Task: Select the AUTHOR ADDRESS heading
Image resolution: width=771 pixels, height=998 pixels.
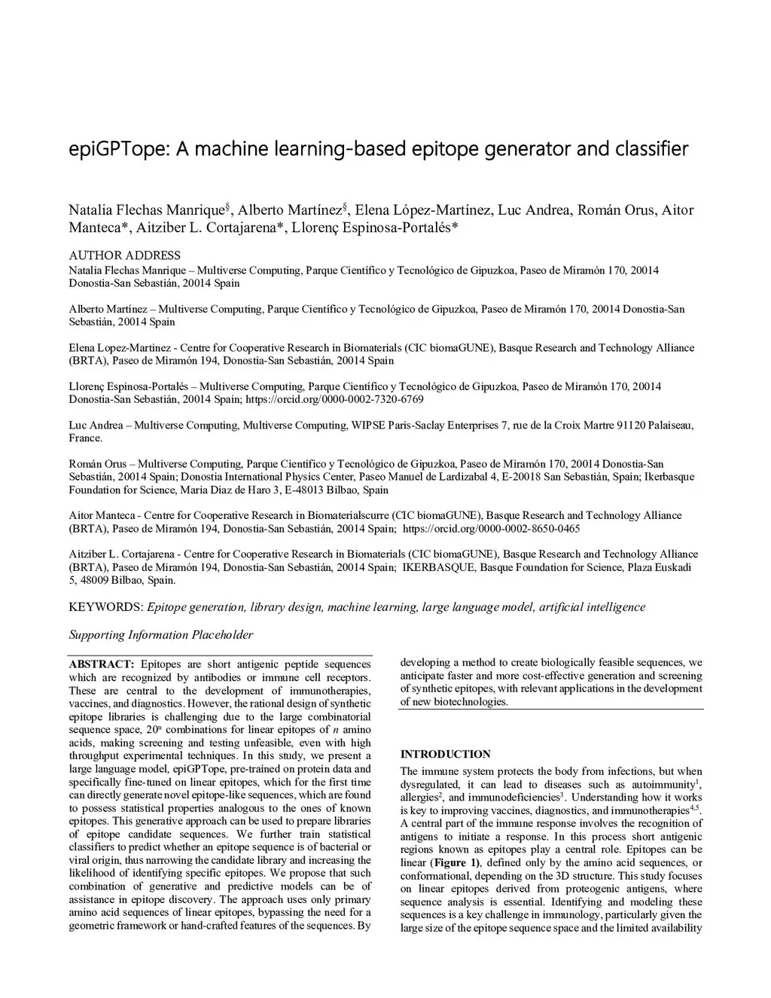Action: (125, 255)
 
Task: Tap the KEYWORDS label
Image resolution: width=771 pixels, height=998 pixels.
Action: (105, 607)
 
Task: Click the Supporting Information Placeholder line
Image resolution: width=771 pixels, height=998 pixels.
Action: (161, 635)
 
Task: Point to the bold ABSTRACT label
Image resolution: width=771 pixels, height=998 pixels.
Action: (102, 664)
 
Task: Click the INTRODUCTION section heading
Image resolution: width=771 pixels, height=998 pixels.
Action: (445, 754)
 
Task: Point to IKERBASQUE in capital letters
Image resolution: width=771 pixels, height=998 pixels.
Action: (440, 567)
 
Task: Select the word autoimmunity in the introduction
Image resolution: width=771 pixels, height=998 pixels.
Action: (663, 785)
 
